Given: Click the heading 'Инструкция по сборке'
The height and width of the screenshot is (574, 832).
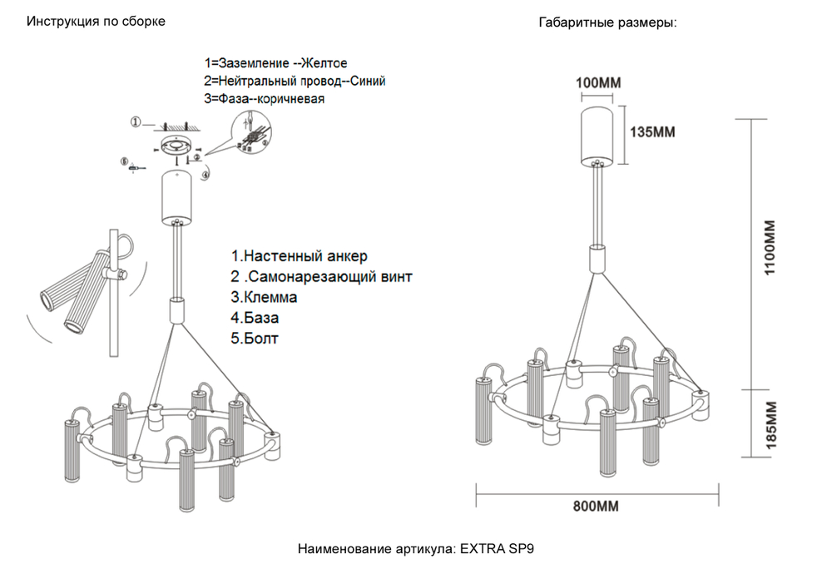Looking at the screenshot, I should pyautogui.click(x=96, y=22).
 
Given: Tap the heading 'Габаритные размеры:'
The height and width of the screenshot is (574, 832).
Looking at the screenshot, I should pyautogui.click(x=607, y=23).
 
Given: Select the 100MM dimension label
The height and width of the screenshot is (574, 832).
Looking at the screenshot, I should pyautogui.click(x=599, y=82).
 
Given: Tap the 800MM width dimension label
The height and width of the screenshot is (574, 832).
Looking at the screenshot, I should pyautogui.click(x=597, y=506).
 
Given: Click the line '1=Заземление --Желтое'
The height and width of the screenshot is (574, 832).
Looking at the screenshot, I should pyautogui.click(x=275, y=63).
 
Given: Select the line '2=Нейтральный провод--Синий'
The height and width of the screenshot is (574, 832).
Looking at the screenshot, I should pyautogui.click(x=295, y=82).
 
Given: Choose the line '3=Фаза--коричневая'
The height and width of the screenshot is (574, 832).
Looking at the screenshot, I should pyautogui.click(x=264, y=99).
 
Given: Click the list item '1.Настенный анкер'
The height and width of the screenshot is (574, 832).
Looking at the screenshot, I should pyautogui.click(x=298, y=256).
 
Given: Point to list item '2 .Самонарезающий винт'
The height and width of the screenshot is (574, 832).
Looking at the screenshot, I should pyautogui.click(x=321, y=276).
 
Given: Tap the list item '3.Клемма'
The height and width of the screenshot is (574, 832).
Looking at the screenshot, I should pyautogui.click(x=264, y=297).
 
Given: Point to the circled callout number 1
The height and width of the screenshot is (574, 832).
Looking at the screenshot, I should pyautogui.click(x=136, y=123).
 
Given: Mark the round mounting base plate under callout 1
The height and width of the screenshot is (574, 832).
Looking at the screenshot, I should pyautogui.click(x=176, y=146).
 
